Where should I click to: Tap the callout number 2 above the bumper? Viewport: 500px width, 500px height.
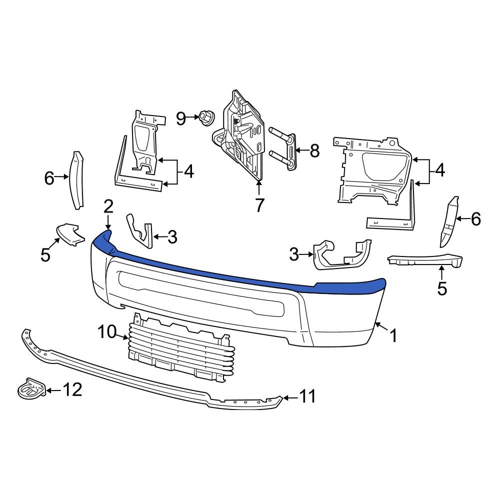click(x=108, y=206)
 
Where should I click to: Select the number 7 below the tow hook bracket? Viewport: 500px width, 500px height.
click(x=259, y=205)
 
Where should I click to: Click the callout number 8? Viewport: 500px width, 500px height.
click(x=314, y=150)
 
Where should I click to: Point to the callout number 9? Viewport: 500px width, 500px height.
click(x=181, y=118)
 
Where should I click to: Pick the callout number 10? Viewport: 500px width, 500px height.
click(x=107, y=331)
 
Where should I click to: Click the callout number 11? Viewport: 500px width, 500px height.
click(x=307, y=396)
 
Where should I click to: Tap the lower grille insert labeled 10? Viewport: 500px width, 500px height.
click(x=180, y=350)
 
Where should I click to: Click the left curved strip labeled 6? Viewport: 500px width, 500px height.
click(x=77, y=180)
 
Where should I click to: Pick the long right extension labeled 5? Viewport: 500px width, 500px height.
click(x=425, y=260)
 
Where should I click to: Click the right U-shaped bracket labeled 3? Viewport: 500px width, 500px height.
click(x=340, y=255)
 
